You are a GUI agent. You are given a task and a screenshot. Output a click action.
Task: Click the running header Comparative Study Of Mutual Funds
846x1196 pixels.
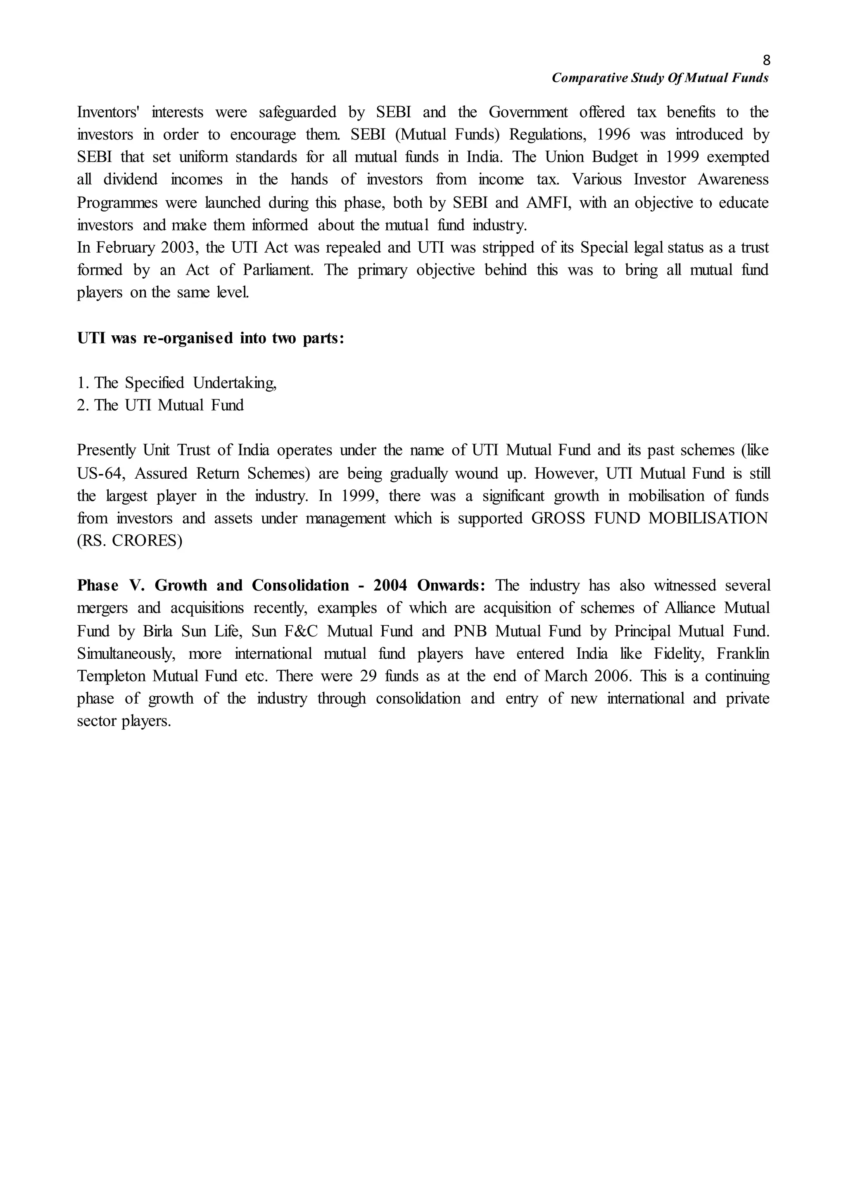tap(660, 78)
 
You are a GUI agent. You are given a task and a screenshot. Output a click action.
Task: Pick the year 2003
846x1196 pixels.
tap(177, 247)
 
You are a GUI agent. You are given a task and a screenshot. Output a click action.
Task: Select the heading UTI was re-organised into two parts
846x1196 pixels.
tap(210, 339)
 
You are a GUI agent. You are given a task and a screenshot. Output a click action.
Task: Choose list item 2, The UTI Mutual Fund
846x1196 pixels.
tap(160, 405)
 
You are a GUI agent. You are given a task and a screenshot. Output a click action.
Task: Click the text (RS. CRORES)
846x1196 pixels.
tap(130, 541)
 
